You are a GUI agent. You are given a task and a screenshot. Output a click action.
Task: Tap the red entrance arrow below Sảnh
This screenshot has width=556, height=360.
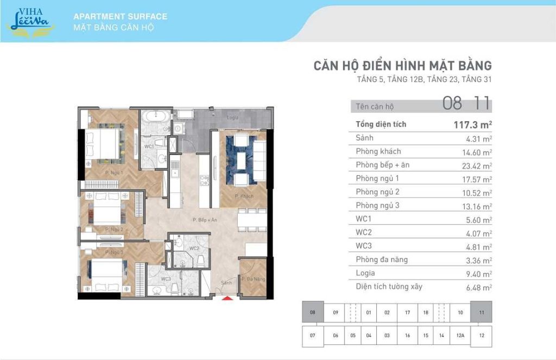(228, 297)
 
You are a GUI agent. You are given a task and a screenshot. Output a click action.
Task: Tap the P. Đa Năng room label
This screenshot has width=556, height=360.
(253, 279)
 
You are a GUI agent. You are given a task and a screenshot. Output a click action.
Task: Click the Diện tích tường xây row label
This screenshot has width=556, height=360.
(389, 286)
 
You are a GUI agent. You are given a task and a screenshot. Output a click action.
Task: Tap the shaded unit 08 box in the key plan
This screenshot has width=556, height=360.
(312, 312)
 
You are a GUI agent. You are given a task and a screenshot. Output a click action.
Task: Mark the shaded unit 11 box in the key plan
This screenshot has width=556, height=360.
(481, 312)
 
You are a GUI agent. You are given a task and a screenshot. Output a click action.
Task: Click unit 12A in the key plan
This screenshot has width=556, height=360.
(460, 336)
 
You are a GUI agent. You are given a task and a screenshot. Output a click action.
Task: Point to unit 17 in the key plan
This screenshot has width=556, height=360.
(407, 312)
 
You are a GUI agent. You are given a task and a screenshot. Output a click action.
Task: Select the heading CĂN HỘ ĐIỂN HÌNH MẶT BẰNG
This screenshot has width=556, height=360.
(402, 66)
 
